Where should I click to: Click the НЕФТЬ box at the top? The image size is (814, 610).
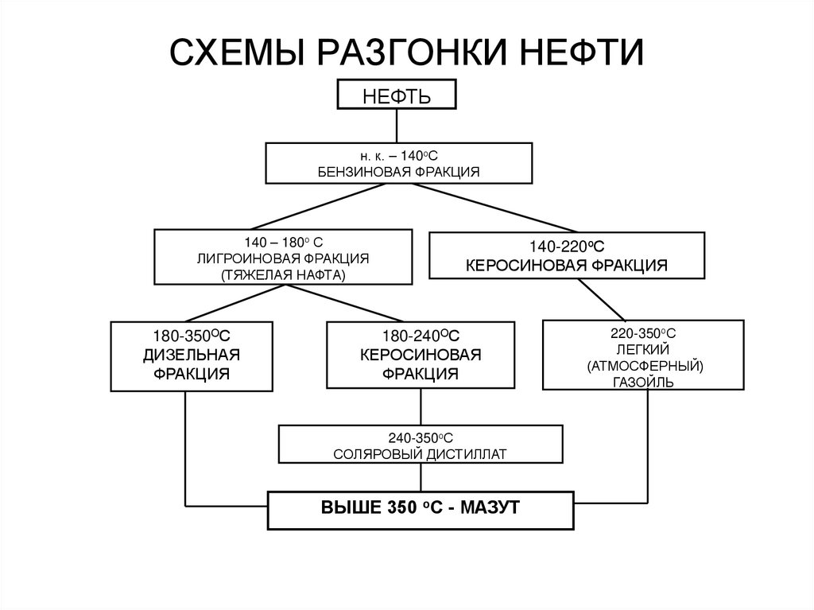(397, 95)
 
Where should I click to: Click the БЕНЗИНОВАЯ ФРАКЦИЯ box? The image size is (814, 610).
(397, 163)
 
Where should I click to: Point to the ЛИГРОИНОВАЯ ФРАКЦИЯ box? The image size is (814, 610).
(283, 256)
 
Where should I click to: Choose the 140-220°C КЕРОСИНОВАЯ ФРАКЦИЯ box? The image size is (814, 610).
(566, 254)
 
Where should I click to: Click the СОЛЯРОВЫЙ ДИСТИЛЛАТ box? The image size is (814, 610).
(421, 444)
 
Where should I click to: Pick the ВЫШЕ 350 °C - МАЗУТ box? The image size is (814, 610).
(419, 510)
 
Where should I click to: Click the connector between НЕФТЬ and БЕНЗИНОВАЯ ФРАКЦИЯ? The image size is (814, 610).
(397, 126)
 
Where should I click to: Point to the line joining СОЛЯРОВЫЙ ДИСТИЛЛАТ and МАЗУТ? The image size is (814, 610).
(420, 477)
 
